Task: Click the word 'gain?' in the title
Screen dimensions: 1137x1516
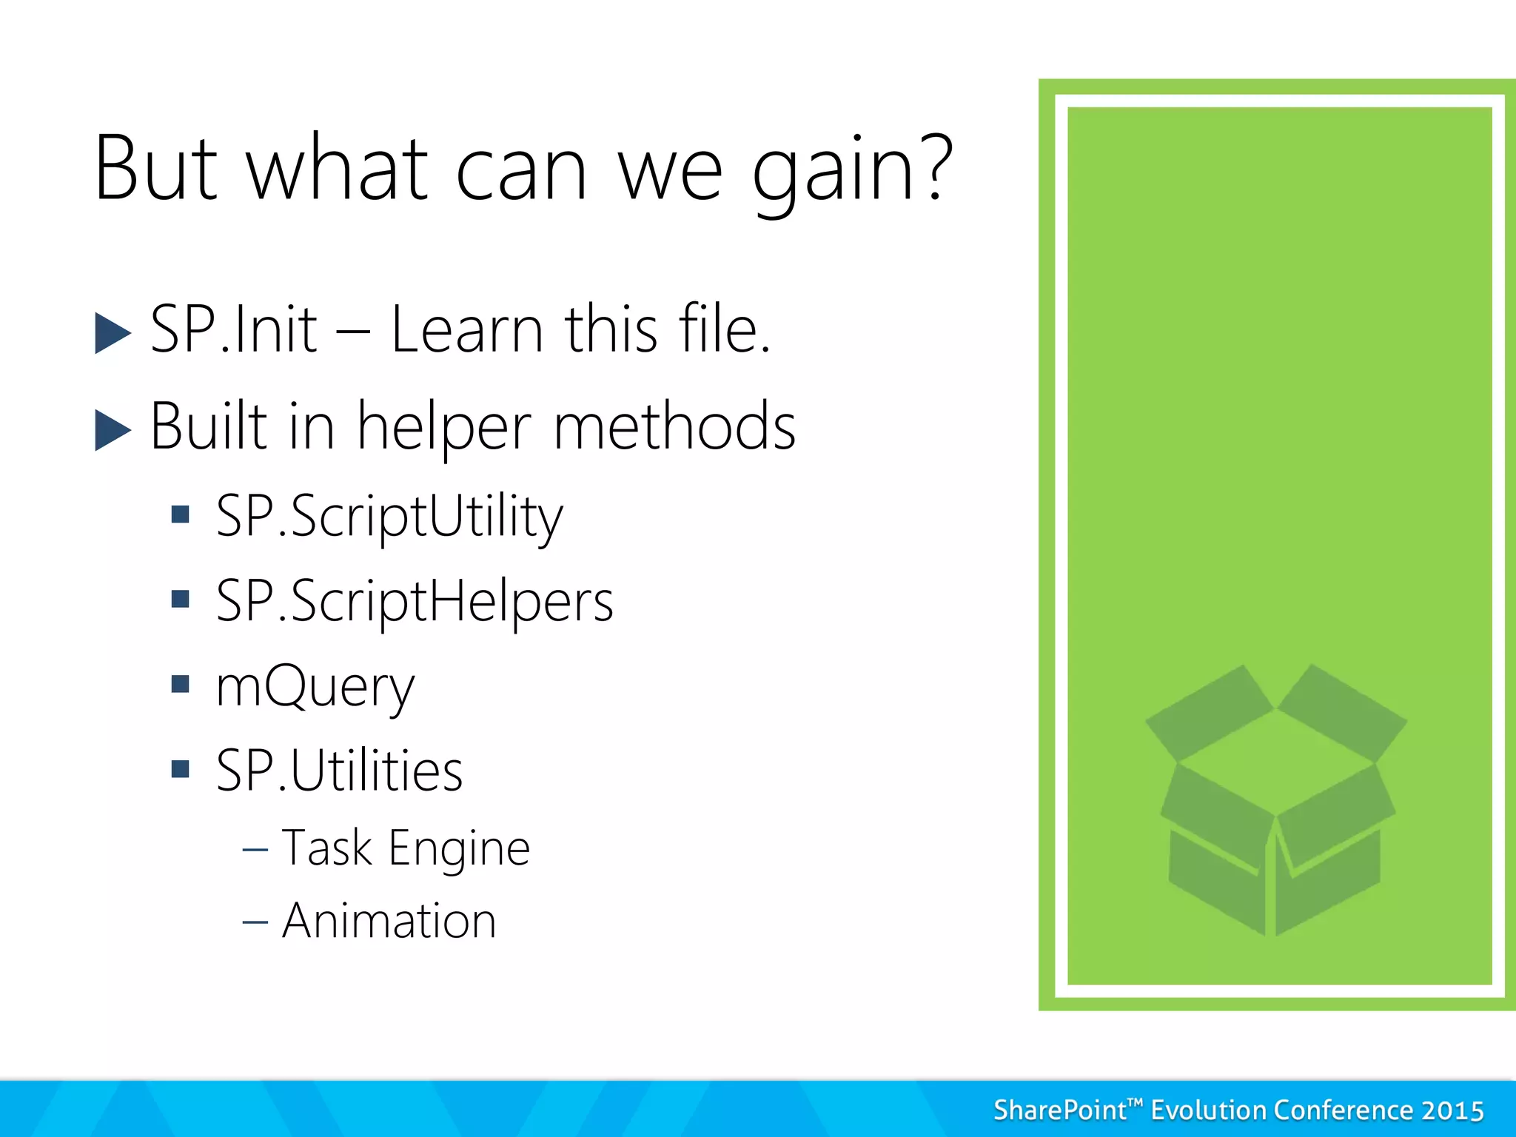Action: coord(851,170)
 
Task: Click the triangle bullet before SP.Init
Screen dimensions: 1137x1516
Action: coord(113,333)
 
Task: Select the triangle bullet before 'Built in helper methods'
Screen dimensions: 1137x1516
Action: coord(113,430)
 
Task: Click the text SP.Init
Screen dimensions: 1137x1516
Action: coord(233,330)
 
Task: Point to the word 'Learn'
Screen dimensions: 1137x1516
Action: coord(466,330)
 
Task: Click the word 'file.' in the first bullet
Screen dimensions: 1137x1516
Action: coord(725,330)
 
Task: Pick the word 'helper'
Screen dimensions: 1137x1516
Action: coord(444,428)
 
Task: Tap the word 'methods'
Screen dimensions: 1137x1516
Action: coord(674,428)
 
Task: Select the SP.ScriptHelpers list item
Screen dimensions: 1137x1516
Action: coord(415,602)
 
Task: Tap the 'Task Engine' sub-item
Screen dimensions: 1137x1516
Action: coord(406,848)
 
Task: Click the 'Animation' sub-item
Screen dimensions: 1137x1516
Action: coord(389,922)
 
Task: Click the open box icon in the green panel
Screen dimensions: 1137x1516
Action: coord(1275,799)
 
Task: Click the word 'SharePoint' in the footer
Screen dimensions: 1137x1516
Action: coord(1060,1111)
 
